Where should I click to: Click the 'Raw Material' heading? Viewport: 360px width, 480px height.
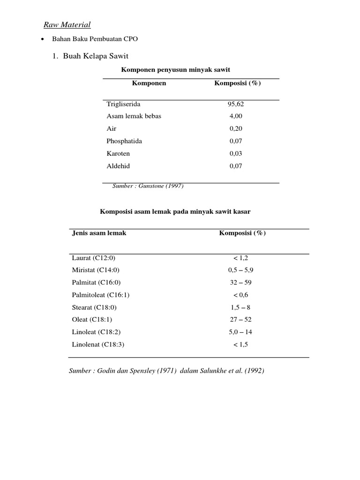click(67, 25)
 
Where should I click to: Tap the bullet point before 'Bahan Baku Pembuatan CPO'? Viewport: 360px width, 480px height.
click(43, 39)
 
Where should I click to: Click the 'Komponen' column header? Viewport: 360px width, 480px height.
click(149, 83)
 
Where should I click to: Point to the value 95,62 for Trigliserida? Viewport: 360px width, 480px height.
click(236, 104)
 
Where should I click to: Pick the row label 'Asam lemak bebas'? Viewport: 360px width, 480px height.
click(134, 116)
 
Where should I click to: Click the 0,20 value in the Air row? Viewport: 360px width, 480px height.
click(236, 128)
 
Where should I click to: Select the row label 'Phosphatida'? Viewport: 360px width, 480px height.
click(124, 141)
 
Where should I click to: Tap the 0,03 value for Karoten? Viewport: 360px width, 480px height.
click(236, 153)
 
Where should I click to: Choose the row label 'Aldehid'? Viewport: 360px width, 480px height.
click(118, 166)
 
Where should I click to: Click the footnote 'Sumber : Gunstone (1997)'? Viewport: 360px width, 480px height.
click(148, 186)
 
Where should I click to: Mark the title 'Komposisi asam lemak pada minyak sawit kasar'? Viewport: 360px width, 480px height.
click(175, 212)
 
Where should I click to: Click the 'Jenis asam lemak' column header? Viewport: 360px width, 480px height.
click(99, 233)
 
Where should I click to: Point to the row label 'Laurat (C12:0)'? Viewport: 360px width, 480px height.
click(93, 258)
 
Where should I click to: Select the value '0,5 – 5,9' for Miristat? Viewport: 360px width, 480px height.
click(241, 270)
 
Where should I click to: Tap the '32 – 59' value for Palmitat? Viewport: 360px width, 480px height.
click(241, 283)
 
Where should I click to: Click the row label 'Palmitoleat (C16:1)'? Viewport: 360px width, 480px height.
click(101, 295)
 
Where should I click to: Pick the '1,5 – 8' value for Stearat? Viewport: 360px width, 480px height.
click(241, 307)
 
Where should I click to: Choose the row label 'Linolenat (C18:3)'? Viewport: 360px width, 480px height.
click(98, 345)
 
